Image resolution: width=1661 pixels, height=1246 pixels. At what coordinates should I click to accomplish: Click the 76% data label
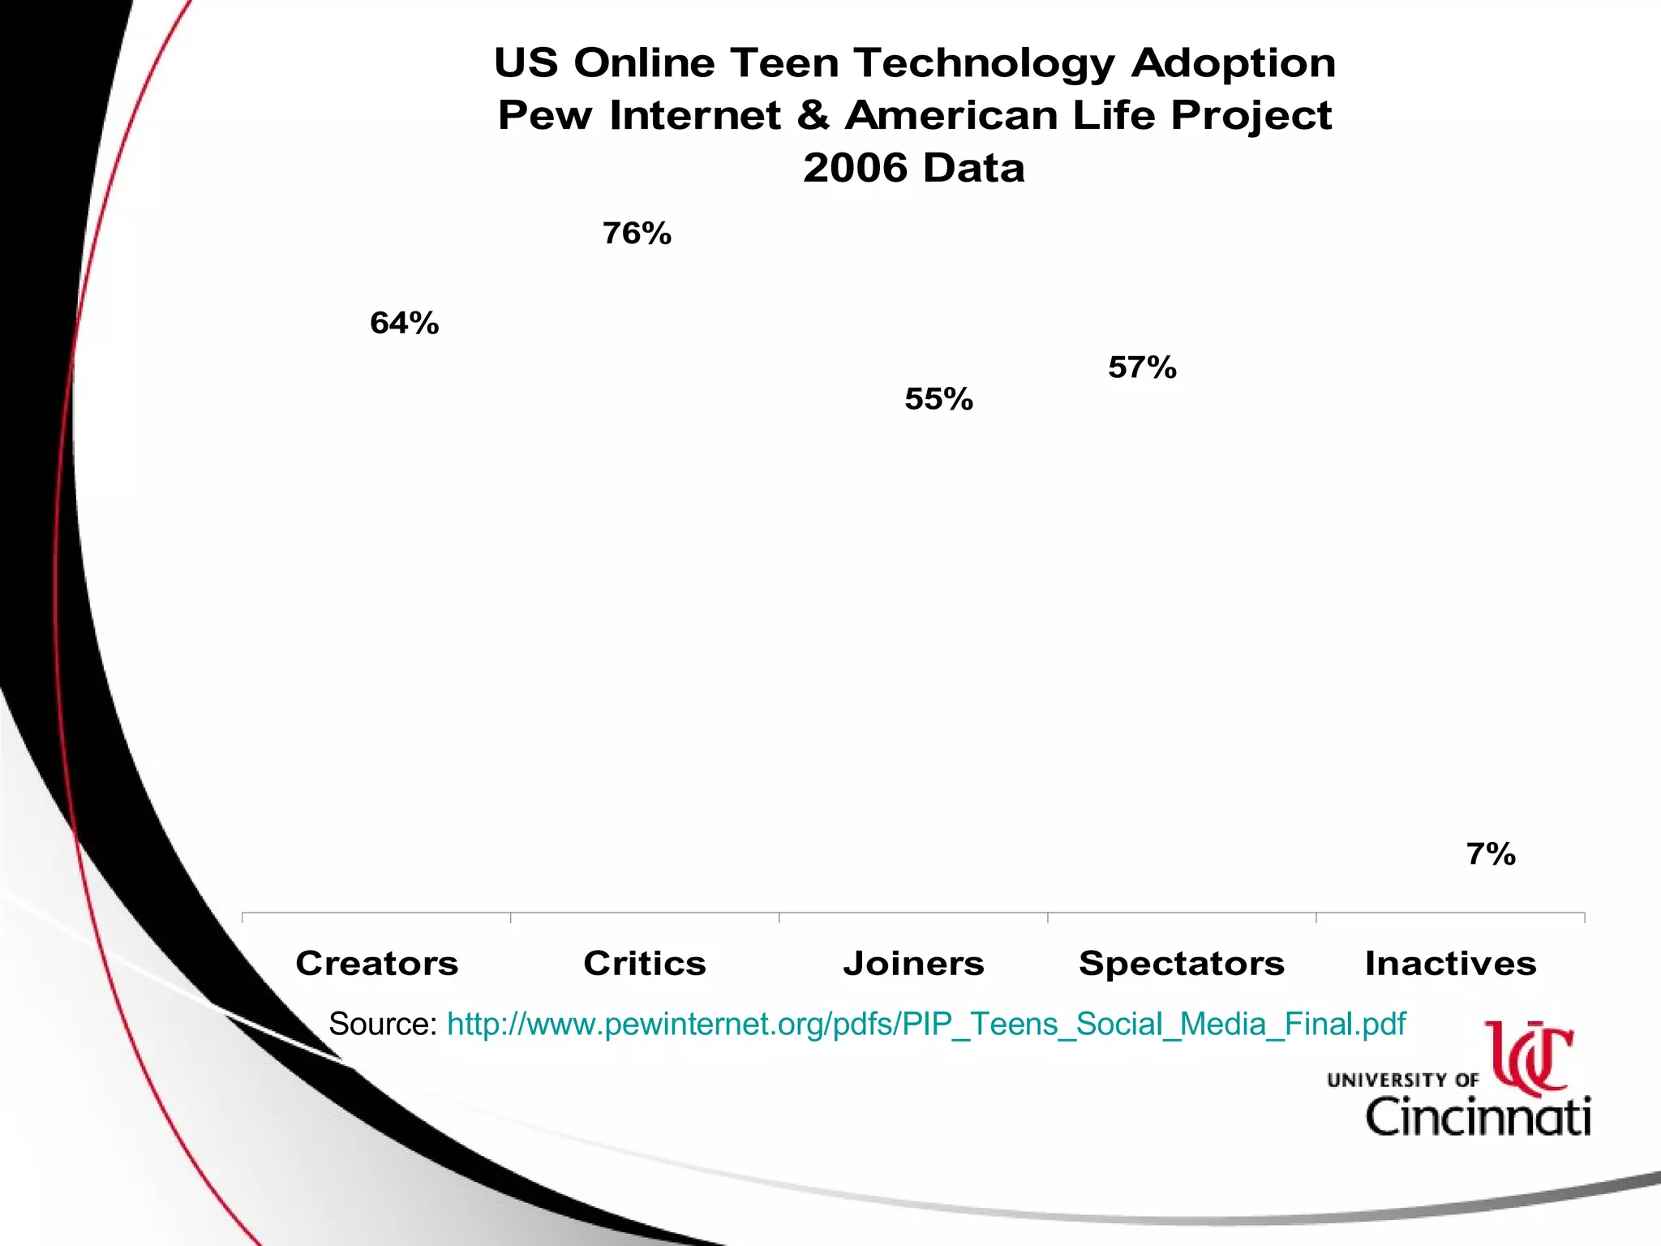(637, 234)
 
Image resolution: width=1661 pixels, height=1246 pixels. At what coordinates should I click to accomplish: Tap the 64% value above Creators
(404, 323)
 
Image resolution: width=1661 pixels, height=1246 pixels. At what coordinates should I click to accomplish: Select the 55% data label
(938, 399)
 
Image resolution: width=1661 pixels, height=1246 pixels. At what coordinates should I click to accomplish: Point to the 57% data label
(1142, 367)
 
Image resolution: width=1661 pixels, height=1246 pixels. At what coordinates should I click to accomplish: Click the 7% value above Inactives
(1491, 854)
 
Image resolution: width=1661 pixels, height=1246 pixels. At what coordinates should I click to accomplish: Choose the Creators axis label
(377, 964)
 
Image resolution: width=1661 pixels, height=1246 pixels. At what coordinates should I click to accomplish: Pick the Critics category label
(645, 964)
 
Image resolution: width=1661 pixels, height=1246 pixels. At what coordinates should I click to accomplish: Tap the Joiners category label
(913, 964)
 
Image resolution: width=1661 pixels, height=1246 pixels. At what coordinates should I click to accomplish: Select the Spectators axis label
(1182, 964)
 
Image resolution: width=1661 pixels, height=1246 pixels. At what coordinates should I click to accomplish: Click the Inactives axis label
(1450, 964)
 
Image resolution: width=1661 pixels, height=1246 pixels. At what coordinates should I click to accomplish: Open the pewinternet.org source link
(926, 1025)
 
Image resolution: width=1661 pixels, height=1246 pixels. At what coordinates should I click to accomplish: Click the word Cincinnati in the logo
(1478, 1116)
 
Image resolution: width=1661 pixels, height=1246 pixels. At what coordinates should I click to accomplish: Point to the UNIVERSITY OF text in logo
(1402, 1080)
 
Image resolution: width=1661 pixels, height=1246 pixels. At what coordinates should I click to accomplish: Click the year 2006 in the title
(855, 168)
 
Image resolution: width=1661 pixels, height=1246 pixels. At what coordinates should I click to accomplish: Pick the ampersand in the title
(813, 115)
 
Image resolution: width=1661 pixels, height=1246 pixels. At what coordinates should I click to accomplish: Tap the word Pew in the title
(545, 115)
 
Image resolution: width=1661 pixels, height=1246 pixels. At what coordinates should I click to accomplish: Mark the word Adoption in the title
(1233, 63)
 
